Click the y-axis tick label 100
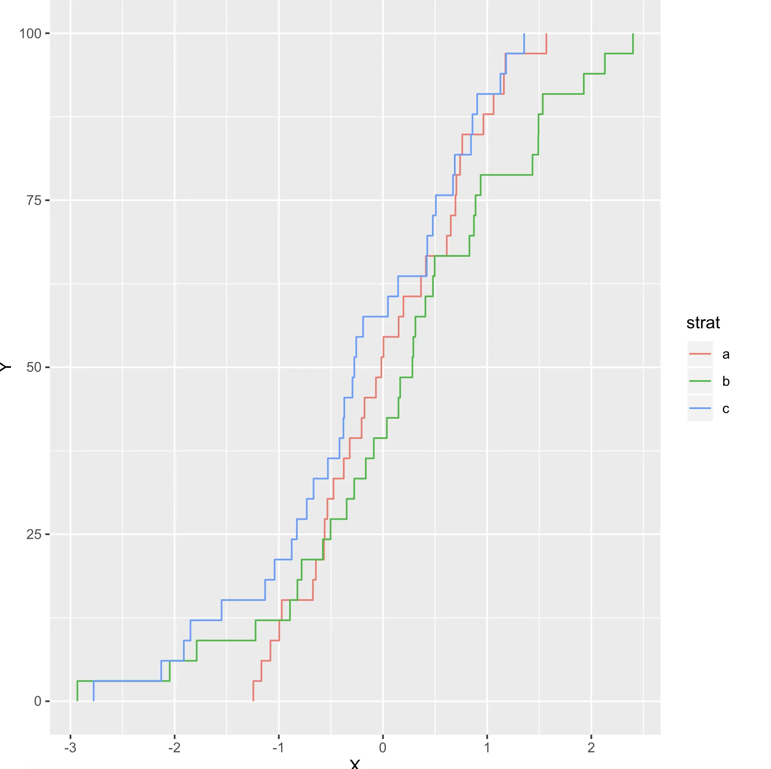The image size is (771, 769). pos(30,33)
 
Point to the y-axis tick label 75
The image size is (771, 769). pos(34,201)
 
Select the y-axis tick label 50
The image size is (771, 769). pos(34,367)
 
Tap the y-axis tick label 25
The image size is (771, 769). pos(34,534)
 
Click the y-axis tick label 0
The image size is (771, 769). pos(38,701)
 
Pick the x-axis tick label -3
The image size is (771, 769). pos(70,747)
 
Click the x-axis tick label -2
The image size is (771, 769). pos(174,747)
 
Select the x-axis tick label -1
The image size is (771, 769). pos(278,747)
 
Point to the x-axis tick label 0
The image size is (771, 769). pos(383,747)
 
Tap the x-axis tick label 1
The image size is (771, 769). pos(487,747)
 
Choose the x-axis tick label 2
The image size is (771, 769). pos(591,747)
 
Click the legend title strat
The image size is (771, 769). pos(703,323)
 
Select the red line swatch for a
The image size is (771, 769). pos(700,354)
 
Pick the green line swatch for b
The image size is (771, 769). pos(700,381)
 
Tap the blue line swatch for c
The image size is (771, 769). pos(700,408)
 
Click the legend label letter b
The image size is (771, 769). pos(726,381)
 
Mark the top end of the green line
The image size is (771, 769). pos(633,34)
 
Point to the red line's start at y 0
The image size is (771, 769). pos(253,701)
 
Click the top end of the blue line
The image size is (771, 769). pos(524,34)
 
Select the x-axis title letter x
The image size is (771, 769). pos(355,764)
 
